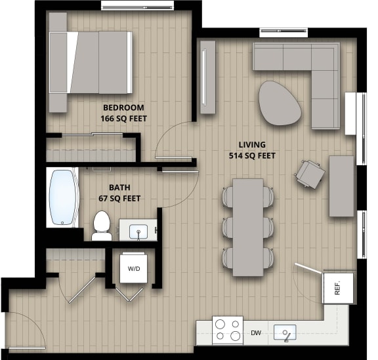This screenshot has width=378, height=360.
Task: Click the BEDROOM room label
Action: tap(123, 108)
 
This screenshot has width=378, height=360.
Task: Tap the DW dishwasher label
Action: tap(255, 333)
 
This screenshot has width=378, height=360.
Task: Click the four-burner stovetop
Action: tap(227, 330)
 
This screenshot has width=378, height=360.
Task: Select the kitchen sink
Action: tap(285, 332)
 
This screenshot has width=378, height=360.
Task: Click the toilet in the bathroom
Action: tap(101, 224)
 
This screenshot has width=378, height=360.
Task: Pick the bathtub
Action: tap(62, 198)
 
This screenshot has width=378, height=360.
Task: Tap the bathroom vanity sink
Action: tap(138, 231)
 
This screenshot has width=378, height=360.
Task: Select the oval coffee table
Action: tap(280, 102)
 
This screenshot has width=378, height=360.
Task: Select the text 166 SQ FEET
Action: tap(123, 119)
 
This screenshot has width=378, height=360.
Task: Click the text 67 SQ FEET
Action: tap(119, 198)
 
